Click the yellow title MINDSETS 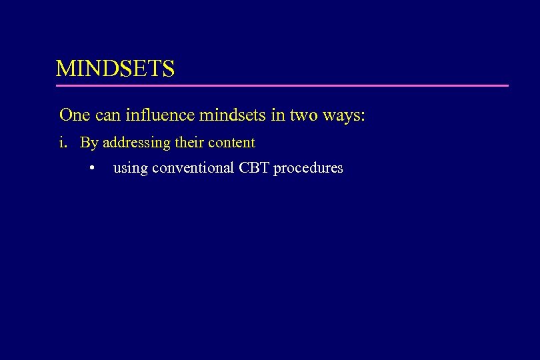click(x=115, y=69)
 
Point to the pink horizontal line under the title click(x=282, y=85)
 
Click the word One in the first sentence click(x=75, y=115)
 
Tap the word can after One click(x=108, y=115)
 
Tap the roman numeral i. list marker click(x=63, y=143)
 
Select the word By click(x=88, y=143)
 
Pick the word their click(x=190, y=142)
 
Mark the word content click(x=231, y=143)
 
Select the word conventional click(x=193, y=168)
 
